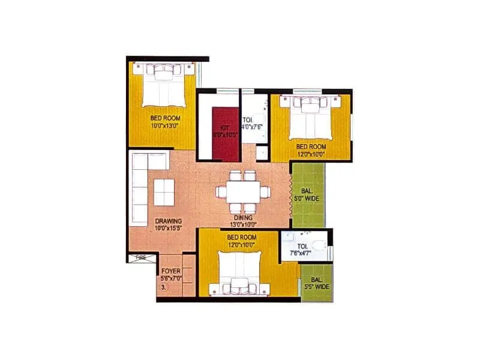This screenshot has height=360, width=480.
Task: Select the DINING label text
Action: tap(243, 218)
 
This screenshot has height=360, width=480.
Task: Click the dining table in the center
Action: tap(242, 193)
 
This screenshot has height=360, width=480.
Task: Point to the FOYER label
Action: tap(170, 271)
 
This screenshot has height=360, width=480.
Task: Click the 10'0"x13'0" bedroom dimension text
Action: tap(165, 126)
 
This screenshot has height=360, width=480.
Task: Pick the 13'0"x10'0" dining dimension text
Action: tap(243, 225)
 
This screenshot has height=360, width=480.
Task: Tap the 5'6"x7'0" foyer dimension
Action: tap(170, 278)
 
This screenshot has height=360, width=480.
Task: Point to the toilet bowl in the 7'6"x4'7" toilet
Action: tap(322, 245)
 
